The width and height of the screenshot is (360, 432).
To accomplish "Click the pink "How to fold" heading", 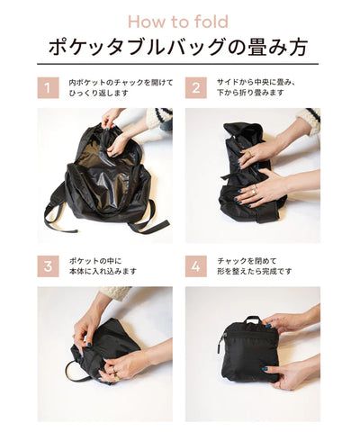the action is (178, 22).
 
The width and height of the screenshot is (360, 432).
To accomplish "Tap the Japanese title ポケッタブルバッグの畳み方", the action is (178, 47).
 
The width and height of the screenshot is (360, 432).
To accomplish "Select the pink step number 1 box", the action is (48, 88).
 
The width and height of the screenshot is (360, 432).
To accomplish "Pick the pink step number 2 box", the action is (196, 88).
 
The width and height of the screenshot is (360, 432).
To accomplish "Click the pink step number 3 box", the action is (48, 266).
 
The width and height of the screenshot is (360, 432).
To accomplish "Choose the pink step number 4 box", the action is (196, 266).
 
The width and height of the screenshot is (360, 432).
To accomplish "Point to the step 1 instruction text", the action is (121, 87).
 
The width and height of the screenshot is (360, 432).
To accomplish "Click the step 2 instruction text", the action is (256, 87).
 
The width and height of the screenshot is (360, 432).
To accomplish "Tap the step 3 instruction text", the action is (103, 266).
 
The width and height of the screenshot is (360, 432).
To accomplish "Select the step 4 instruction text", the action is (255, 266).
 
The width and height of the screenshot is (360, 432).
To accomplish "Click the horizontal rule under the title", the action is (178, 64).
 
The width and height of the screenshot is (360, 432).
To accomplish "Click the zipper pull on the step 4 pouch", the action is (221, 345).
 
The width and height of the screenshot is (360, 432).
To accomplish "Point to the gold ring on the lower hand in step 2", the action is (255, 191).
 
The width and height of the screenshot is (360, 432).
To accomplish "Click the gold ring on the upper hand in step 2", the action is (249, 154).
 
